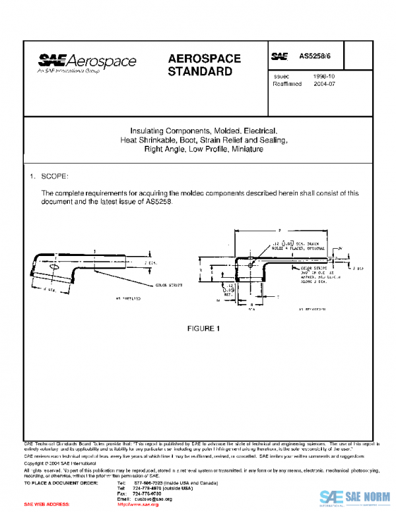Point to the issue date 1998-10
tap(324, 77)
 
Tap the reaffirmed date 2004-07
tap(324, 84)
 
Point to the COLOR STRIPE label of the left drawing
tap(169, 285)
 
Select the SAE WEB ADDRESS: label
tap(47, 503)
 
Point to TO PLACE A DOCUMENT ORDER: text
tap(60, 484)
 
